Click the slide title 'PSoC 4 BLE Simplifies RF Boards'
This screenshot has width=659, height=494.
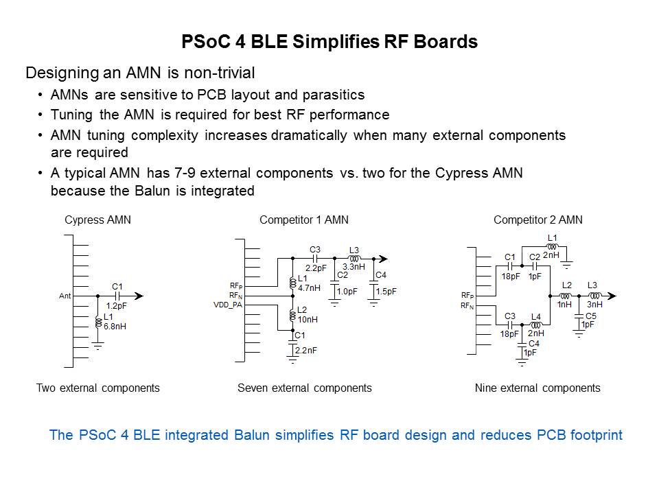coord(329,42)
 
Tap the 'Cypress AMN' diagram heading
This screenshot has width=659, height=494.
coord(97,220)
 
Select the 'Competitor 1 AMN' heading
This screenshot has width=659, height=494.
coord(303,220)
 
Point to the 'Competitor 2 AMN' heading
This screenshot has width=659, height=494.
coord(537,220)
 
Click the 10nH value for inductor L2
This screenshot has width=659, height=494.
coord(307,319)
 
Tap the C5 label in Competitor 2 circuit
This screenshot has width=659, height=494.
coord(588,316)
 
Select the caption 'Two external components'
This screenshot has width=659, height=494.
coord(97,388)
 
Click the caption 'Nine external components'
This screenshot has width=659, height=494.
coord(537,388)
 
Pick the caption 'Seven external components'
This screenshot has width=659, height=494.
coord(304,388)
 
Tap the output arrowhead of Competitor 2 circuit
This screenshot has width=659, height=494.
coord(612,296)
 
